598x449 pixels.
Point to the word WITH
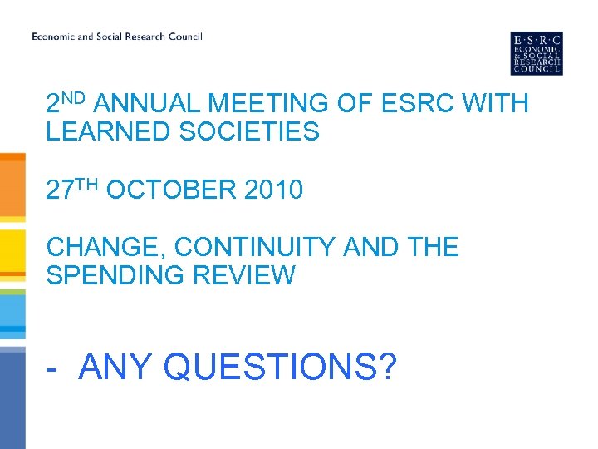click(x=493, y=104)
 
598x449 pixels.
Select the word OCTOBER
click(x=172, y=190)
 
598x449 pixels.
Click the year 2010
click(x=274, y=190)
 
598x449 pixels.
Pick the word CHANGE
click(x=100, y=247)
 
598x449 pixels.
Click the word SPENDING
click(x=113, y=274)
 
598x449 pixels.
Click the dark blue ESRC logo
click(x=537, y=53)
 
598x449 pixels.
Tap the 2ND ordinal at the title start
click(x=66, y=102)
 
